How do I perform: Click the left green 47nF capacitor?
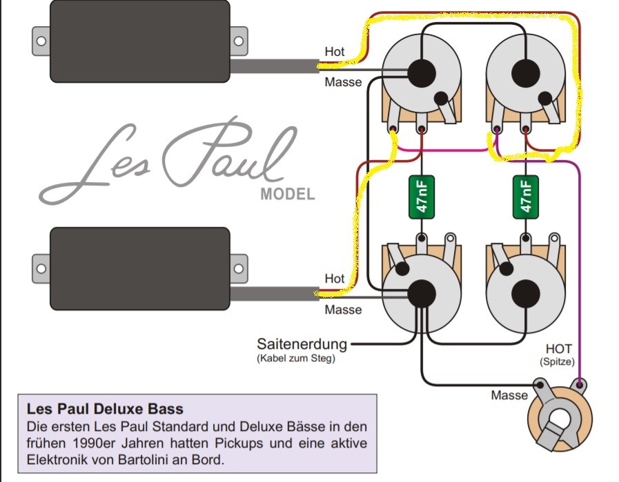[x=422, y=197]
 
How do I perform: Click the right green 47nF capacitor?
[x=525, y=197]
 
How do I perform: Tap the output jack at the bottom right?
[x=560, y=414]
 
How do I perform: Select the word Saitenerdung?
[x=302, y=344]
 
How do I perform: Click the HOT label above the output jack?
[x=558, y=349]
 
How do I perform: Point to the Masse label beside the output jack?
[x=509, y=395]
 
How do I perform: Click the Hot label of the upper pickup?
[x=335, y=51]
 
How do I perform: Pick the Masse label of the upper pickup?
[x=343, y=82]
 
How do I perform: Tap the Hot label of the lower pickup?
[x=335, y=279]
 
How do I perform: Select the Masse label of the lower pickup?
[x=343, y=310]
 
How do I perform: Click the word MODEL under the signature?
[x=288, y=194]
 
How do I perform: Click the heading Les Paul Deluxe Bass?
[x=105, y=409]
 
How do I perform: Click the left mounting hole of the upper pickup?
[x=41, y=41]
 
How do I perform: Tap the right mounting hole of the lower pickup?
[x=239, y=269]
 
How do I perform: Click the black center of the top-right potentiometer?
[x=525, y=73]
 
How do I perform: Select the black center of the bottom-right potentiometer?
[x=525, y=294]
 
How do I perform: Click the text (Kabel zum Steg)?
[x=296, y=359]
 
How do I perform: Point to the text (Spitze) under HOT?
[x=557, y=362]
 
